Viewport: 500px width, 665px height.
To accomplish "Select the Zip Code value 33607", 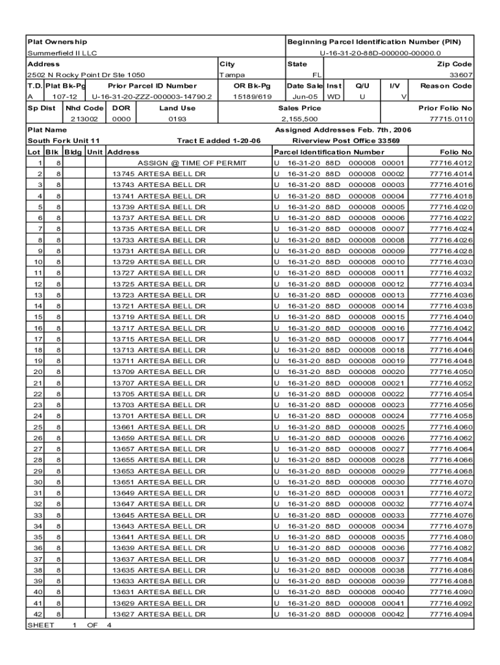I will point(458,75).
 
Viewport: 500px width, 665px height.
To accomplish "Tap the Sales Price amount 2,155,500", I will point(299,119).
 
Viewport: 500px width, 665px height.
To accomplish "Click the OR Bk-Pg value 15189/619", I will point(252,97).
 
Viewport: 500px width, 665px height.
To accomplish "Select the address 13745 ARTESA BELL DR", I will point(159,174).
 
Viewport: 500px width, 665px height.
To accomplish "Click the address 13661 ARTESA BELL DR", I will point(159,427).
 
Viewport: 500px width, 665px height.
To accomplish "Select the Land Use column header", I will point(177,108).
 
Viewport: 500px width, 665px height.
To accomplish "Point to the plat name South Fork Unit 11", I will point(63,141).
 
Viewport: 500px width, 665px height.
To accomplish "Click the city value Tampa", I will point(232,75).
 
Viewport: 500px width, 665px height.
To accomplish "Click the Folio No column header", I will point(456,152).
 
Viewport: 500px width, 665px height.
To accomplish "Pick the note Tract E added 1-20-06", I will point(218,141).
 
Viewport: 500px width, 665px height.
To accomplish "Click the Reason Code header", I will point(445,86).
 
